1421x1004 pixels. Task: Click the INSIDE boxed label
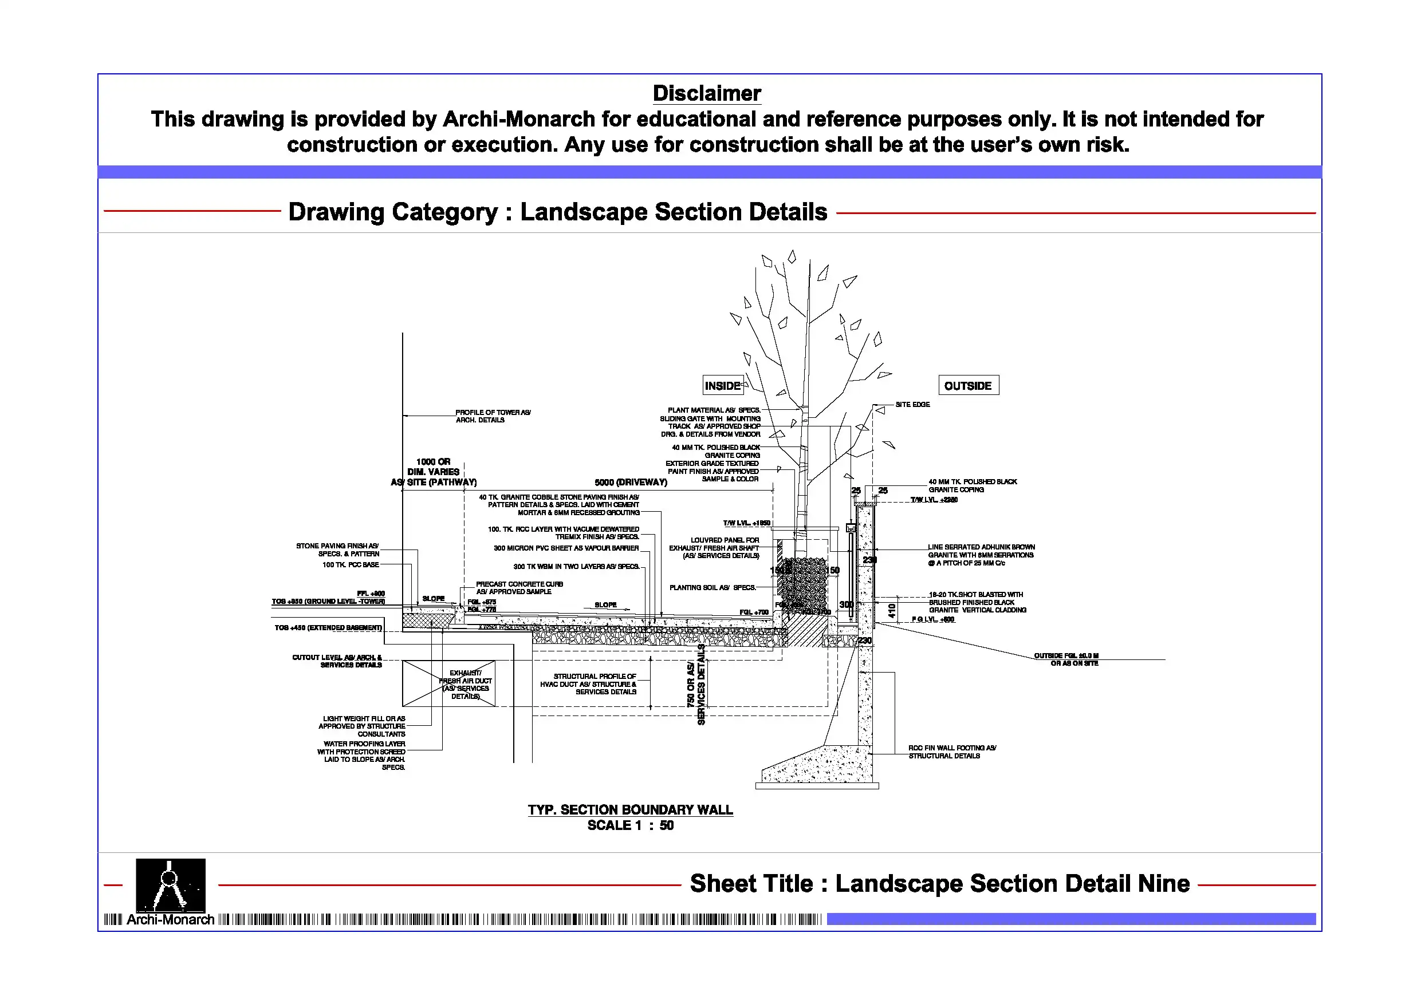(x=722, y=386)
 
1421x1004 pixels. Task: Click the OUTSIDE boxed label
(x=968, y=386)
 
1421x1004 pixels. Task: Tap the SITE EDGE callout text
(x=912, y=405)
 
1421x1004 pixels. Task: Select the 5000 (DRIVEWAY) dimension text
(x=631, y=483)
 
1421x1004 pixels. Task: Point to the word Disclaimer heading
(x=707, y=93)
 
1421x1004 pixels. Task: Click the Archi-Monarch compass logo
(x=170, y=886)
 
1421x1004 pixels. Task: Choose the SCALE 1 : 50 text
(x=630, y=826)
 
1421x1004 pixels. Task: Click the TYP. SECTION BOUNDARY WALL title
(x=630, y=810)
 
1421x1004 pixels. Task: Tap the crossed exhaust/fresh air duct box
(x=448, y=683)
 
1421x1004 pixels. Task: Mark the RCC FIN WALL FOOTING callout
(x=952, y=752)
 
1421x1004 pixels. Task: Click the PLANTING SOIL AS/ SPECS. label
(x=713, y=588)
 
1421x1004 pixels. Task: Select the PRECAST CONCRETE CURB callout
(x=519, y=588)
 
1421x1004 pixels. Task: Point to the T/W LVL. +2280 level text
(x=934, y=500)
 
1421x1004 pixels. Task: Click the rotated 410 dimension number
(x=892, y=611)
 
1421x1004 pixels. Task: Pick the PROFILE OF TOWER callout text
(x=493, y=416)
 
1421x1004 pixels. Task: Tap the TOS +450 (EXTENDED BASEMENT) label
(x=328, y=628)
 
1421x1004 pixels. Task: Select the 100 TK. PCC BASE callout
(x=351, y=565)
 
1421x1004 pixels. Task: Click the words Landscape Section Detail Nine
(x=1012, y=884)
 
